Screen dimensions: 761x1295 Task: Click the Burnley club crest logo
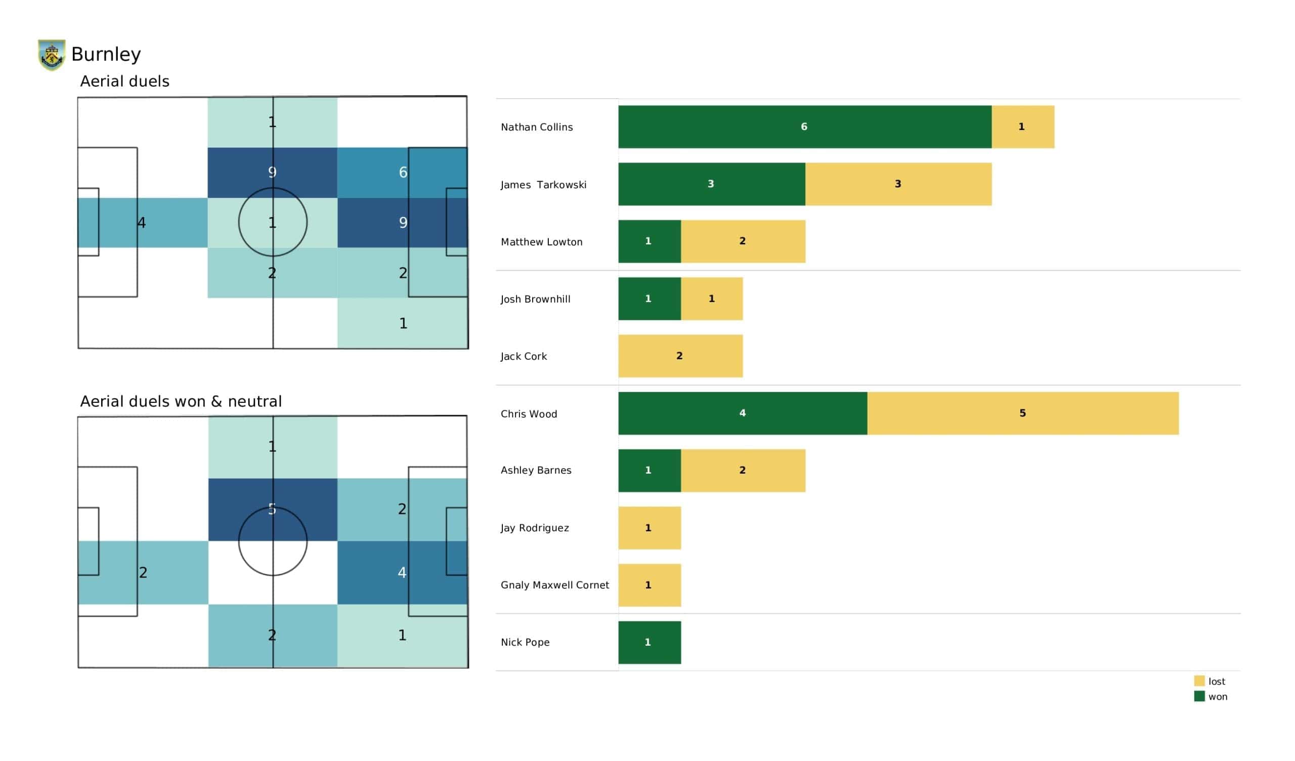[x=52, y=55]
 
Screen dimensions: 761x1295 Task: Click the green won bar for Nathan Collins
[x=804, y=127]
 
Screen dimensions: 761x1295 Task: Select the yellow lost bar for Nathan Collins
[x=1022, y=127]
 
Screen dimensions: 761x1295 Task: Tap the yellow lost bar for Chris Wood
[x=1022, y=413]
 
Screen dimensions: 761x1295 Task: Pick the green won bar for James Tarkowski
[x=711, y=184]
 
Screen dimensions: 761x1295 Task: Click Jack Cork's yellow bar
[x=680, y=356]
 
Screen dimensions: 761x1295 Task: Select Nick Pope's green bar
[x=649, y=642]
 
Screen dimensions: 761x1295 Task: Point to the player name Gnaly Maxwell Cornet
[x=554, y=585]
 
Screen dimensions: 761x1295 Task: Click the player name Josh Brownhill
[x=535, y=299]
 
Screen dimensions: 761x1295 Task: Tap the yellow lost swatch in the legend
[x=1199, y=681]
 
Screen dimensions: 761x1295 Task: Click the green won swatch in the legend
[x=1199, y=696]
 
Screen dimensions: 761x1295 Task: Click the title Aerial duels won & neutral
[x=181, y=401]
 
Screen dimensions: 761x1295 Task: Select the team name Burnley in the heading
[x=106, y=54]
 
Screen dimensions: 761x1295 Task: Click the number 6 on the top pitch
[x=403, y=172]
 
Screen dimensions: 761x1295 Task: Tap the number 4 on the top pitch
[x=141, y=223]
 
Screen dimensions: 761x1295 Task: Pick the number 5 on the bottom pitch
[x=272, y=509]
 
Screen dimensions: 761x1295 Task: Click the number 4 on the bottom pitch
[x=402, y=572]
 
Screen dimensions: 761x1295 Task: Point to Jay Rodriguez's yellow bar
[x=649, y=528]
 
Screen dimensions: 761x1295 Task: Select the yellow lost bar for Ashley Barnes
[x=743, y=471]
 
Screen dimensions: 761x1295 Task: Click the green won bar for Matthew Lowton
[x=649, y=241]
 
